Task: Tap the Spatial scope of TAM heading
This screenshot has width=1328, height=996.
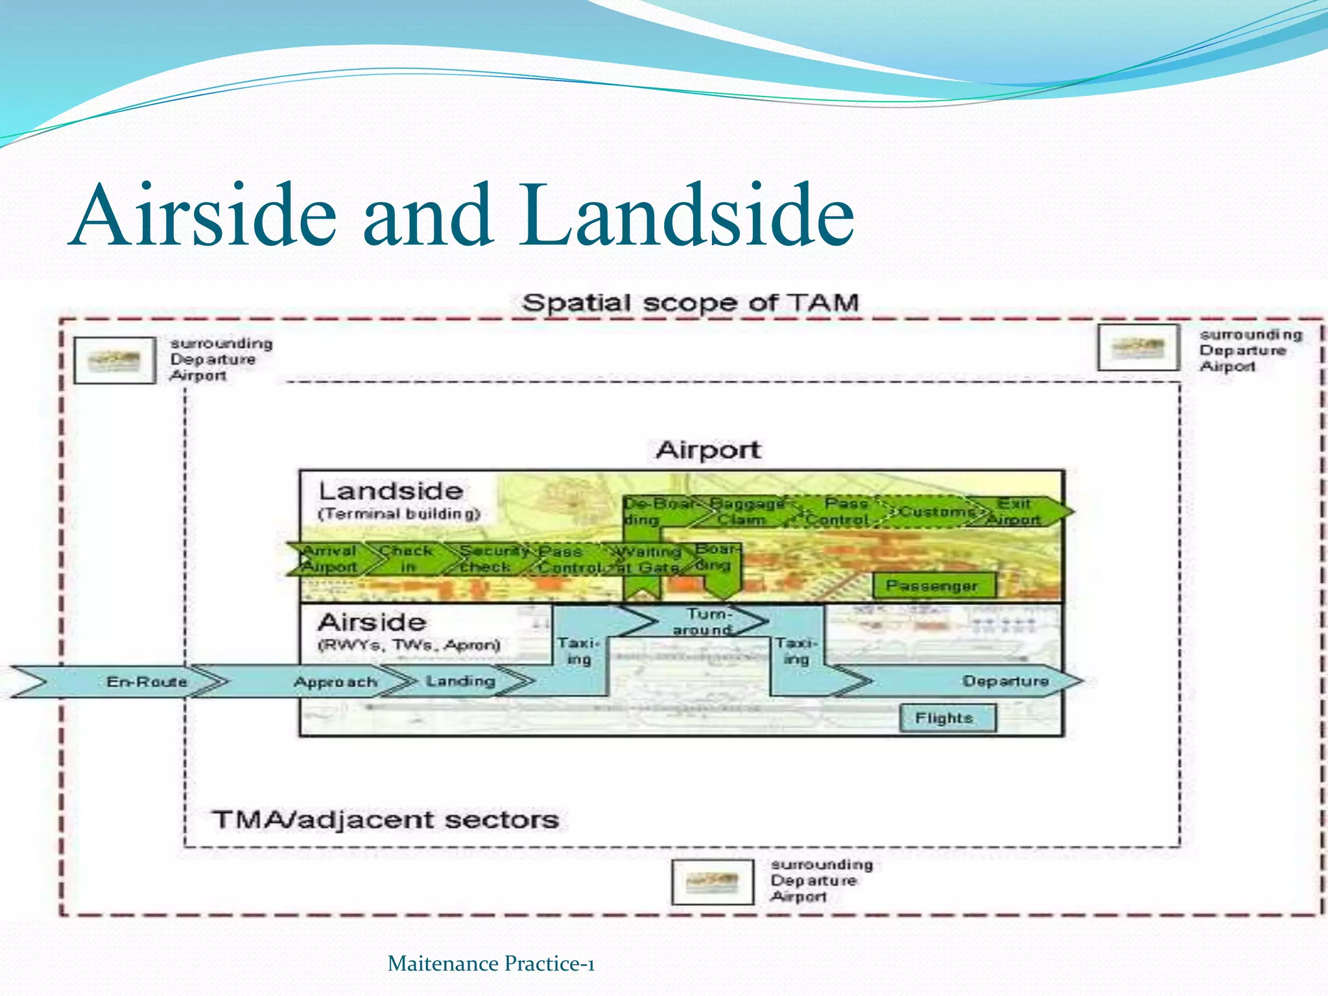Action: coord(690,303)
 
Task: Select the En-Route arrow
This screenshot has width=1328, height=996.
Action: coord(147,682)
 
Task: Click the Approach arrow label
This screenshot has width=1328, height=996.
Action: coord(335,682)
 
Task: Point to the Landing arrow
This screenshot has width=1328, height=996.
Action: coord(460,681)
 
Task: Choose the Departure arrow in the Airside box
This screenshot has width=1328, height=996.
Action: coord(1005,681)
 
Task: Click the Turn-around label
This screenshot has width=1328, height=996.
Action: coord(704,621)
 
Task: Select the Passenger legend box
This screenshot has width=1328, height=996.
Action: coord(932,586)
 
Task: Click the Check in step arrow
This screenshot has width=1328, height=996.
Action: coord(407,558)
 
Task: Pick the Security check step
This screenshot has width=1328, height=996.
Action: coord(486,558)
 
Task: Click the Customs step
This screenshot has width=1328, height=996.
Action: coord(936,512)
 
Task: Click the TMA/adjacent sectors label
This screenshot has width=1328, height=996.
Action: coord(385,820)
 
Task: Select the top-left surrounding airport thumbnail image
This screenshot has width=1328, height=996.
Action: coord(115,360)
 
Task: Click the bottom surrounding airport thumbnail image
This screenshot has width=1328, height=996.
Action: coord(713,882)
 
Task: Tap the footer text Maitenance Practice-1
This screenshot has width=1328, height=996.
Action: coord(491,964)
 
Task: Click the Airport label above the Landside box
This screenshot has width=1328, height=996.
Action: coord(707,449)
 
